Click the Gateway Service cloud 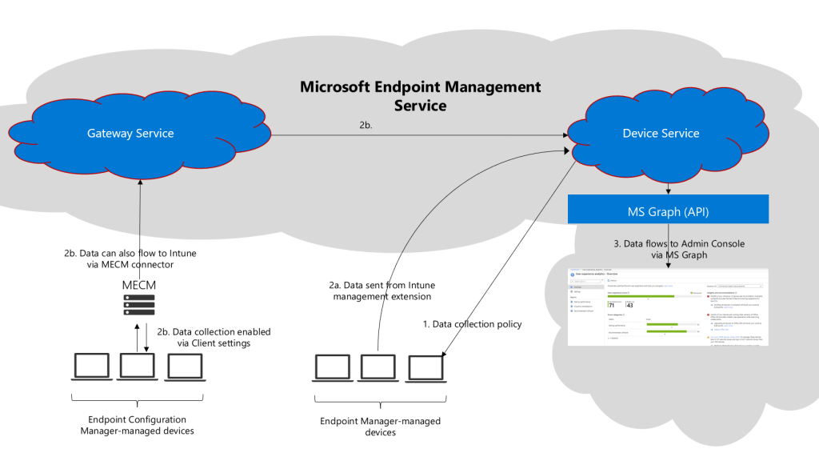(130, 134)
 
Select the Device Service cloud (661, 134)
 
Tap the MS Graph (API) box (668, 211)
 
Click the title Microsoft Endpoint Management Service (420, 95)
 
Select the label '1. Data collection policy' (472, 324)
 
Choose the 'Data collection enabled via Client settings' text (214, 337)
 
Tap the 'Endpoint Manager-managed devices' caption (380, 427)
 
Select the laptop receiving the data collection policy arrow (425, 367)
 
